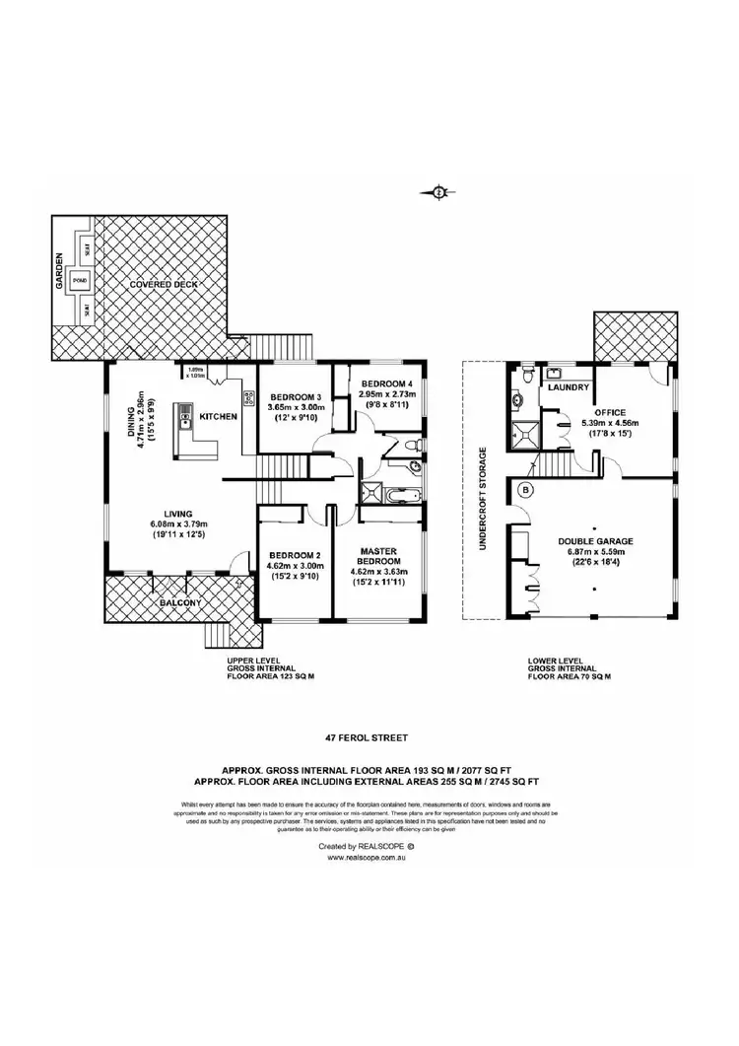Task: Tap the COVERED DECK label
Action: tap(163, 284)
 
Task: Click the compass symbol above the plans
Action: tap(437, 192)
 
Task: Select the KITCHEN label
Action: tap(218, 417)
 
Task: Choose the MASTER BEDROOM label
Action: tap(378, 556)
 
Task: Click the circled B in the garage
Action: tap(525, 489)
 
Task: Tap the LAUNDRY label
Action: tap(570, 387)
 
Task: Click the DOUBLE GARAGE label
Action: tap(594, 540)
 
